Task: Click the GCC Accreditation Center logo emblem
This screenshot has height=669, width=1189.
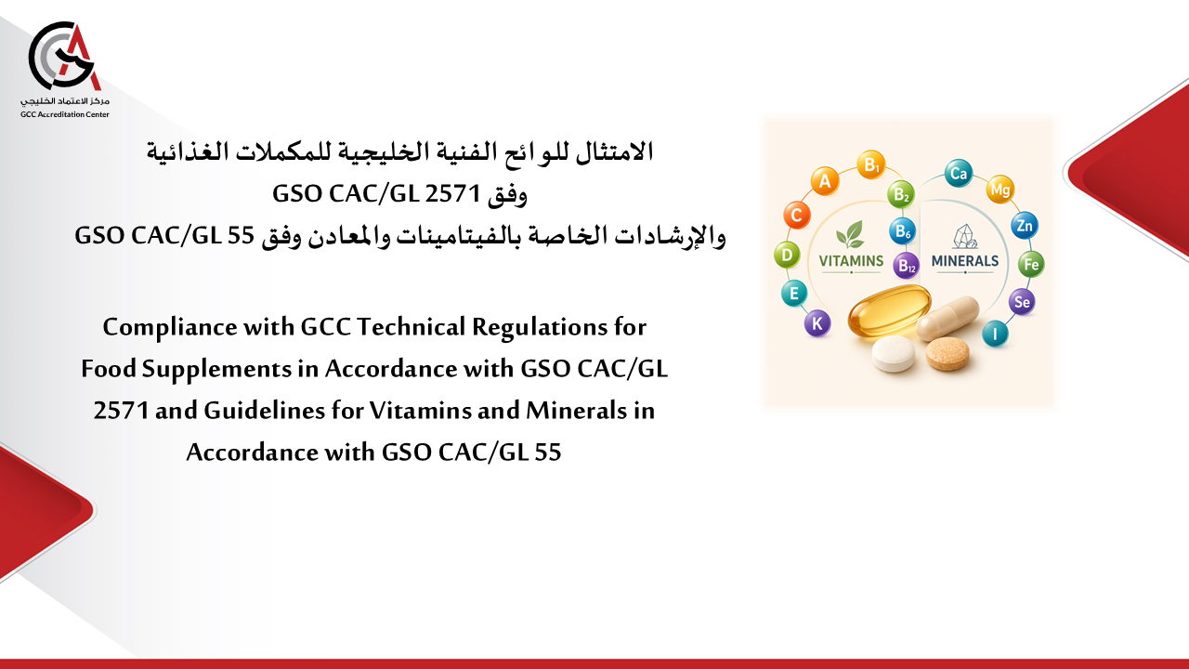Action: [x=65, y=57]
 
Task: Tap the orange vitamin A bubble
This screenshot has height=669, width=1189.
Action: [x=824, y=181]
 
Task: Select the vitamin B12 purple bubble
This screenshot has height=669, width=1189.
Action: [x=906, y=266]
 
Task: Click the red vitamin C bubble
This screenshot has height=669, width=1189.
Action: [x=797, y=215]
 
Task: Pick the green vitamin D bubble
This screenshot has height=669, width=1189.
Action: [x=787, y=255]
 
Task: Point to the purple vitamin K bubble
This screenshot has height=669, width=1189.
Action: [x=817, y=323]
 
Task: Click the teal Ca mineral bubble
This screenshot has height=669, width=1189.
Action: [x=959, y=173]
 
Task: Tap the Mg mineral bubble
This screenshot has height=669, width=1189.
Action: [x=1000, y=189]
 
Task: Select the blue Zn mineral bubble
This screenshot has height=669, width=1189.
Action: [x=1025, y=226]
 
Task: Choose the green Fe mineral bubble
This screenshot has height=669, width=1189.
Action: [x=1031, y=264]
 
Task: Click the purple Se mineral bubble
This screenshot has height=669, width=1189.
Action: [x=1022, y=302]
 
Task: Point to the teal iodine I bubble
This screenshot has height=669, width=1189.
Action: [x=995, y=334]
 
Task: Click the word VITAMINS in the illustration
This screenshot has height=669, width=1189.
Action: [x=851, y=261]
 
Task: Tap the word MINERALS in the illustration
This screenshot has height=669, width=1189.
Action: [x=965, y=261]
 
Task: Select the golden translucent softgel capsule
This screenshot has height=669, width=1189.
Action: [x=890, y=311]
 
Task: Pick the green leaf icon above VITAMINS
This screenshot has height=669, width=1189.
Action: [x=850, y=234]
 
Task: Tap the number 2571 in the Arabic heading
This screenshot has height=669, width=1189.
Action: [x=452, y=194]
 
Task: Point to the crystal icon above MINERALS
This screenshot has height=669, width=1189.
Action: [x=965, y=236]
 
